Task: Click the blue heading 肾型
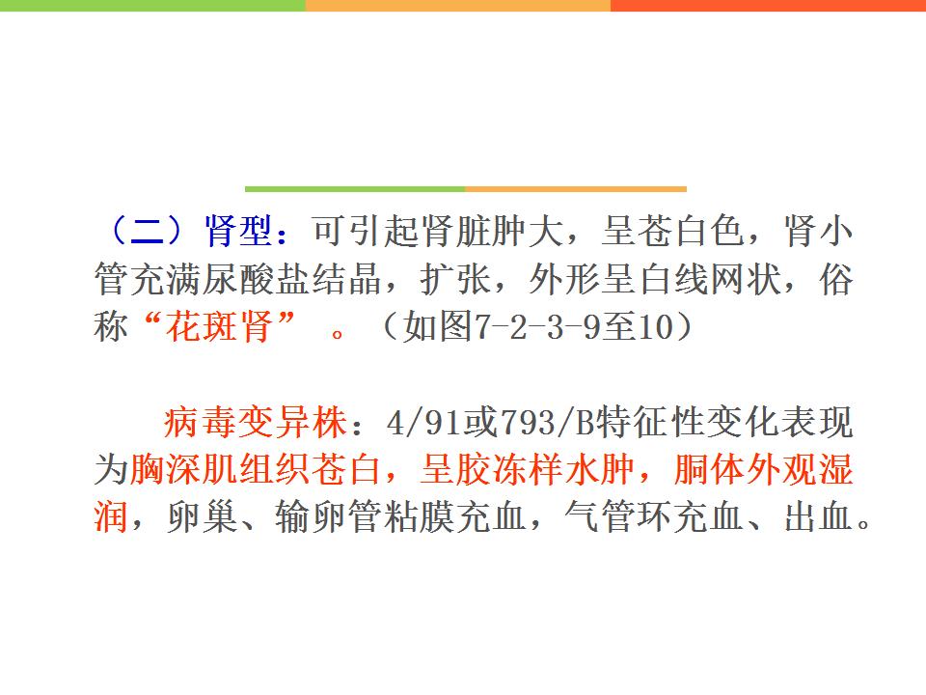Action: (238, 231)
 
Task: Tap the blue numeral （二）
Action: (147, 231)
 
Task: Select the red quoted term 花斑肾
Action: (219, 326)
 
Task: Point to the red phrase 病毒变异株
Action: (255, 423)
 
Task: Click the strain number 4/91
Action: (425, 423)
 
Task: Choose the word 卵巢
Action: (203, 517)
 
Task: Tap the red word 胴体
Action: (709, 470)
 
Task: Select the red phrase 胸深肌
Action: (183, 470)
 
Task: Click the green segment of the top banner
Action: (152, 6)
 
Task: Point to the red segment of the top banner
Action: (769, 6)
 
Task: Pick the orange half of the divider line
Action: (576, 189)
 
